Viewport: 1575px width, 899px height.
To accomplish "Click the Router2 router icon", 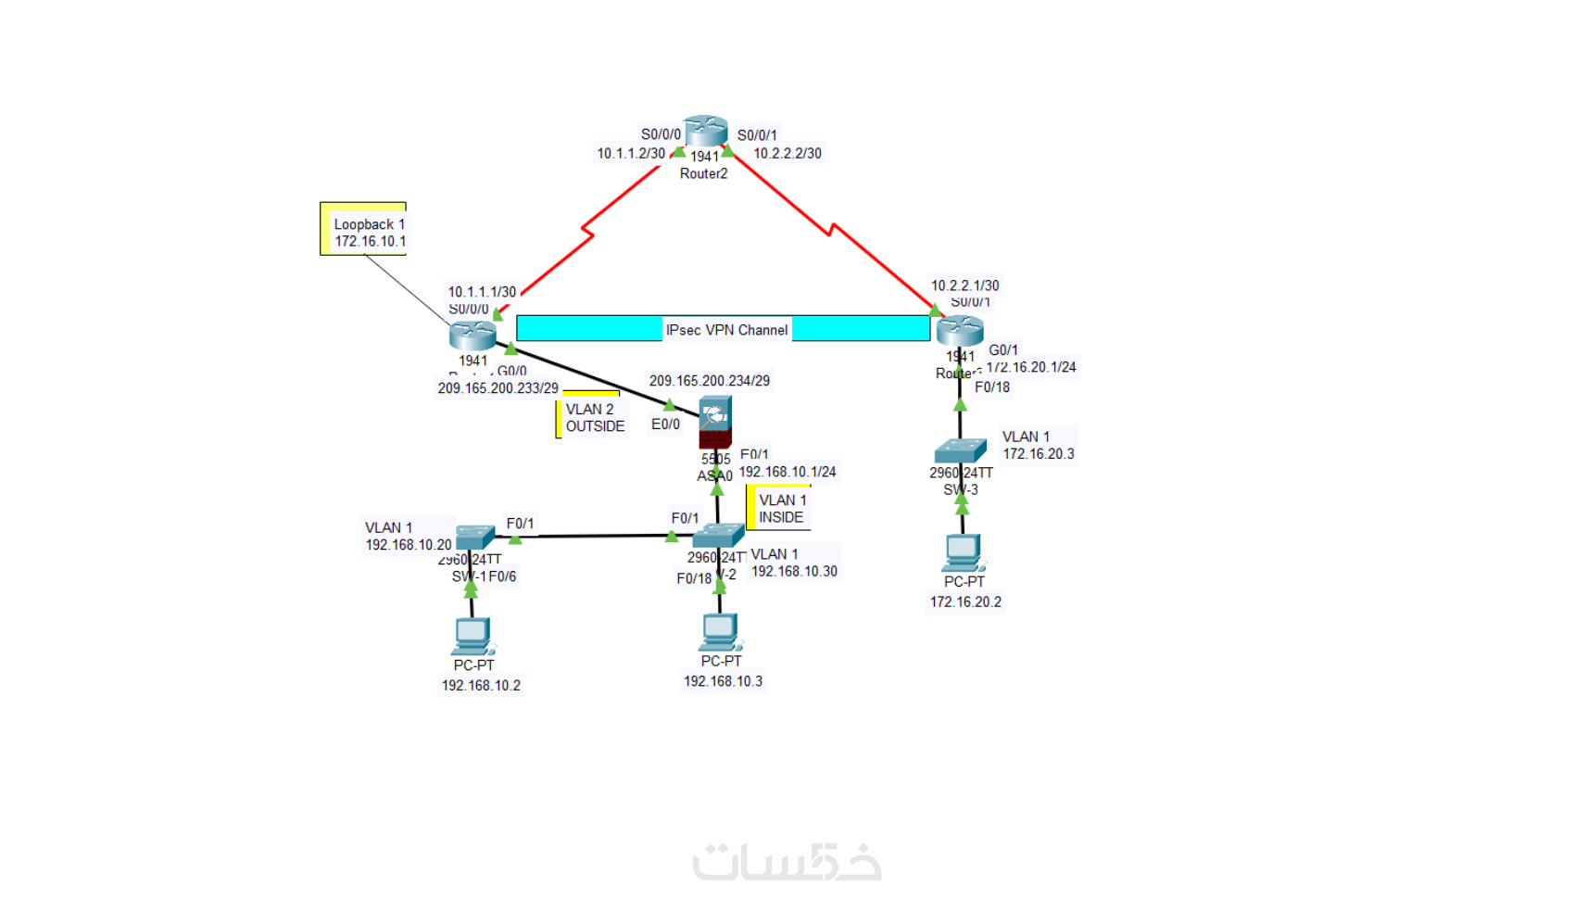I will pyautogui.click(x=705, y=131).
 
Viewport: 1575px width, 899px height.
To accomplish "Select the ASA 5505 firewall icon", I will pyautogui.click(x=715, y=422).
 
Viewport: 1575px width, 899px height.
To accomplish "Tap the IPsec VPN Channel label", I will pyautogui.click(x=726, y=330).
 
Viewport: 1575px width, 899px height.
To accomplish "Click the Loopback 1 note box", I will pyautogui.click(x=364, y=231).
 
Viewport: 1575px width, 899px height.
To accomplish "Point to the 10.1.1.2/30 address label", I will pyautogui.click(x=630, y=154).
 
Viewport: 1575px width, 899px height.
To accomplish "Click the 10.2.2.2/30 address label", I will pyautogui.click(x=787, y=154).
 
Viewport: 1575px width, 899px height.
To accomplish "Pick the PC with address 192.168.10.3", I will pyautogui.click(x=719, y=631).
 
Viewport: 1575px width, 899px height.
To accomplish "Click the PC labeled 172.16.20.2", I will pyautogui.click(x=963, y=552).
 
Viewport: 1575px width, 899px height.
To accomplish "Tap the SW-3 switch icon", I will pyautogui.click(x=960, y=451).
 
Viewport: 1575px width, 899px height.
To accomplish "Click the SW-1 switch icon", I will pyautogui.click(x=474, y=538).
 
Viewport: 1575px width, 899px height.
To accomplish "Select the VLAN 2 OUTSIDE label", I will pyautogui.click(x=595, y=418).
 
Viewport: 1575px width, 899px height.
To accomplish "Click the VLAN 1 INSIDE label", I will pyautogui.click(x=782, y=509).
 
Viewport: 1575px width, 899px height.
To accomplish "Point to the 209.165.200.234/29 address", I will pyautogui.click(x=709, y=381).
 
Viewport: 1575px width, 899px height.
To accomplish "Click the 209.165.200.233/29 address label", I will pyautogui.click(x=498, y=388).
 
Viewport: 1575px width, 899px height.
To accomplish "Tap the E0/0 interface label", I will pyautogui.click(x=665, y=424).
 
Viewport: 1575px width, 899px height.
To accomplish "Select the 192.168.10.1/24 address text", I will pyautogui.click(x=787, y=472).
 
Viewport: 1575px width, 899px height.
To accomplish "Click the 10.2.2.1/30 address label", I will pyautogui.click(x=964, y=285).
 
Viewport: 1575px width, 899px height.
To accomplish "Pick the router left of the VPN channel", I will pyautogui.click(x=472, y=335).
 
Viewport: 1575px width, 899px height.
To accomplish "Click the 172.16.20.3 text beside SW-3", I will pyautogui.click(x=1039, y=454).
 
